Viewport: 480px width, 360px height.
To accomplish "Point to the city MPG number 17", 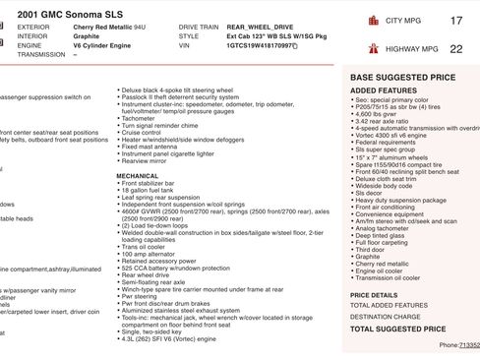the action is [x=454, y=21].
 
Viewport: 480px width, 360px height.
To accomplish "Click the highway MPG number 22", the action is [x=454, y=47].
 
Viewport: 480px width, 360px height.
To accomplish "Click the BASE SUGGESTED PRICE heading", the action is [x=398, y=76].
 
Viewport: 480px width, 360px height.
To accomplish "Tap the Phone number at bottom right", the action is [x=458, y=346].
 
